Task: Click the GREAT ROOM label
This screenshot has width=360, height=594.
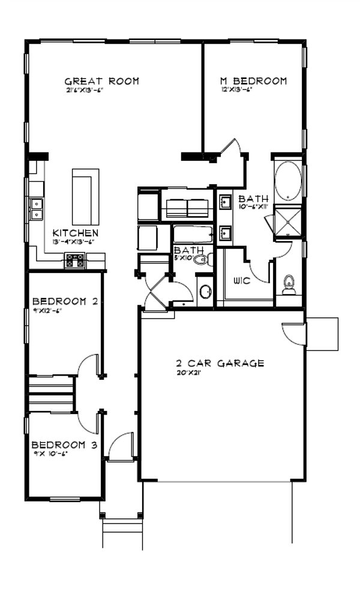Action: [101, 81]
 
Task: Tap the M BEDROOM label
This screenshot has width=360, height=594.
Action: [252, 81]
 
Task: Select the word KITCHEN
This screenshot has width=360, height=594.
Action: [75, 233]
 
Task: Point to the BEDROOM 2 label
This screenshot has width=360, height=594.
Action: [65, 301]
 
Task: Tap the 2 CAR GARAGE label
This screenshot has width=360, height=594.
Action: [220, 363]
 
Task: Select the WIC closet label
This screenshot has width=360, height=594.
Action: [242, 281]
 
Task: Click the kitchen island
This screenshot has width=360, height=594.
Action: [85, 196]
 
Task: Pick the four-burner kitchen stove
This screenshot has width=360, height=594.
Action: [75, 260]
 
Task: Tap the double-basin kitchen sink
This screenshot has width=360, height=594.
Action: [37, 208]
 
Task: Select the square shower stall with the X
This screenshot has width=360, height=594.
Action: [287, 221]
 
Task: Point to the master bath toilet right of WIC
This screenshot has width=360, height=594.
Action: [289, 284]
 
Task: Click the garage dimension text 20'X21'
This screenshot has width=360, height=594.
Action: [187, 373]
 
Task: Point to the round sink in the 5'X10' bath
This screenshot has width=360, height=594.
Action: [205, 292]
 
